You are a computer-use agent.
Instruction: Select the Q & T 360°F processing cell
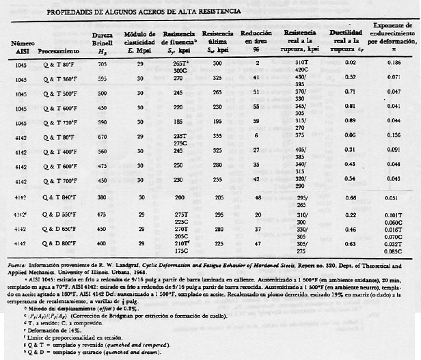[x=56, y=79]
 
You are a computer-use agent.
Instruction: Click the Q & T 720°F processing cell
[x=56, y=120]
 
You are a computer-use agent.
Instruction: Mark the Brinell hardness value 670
[x=101, y=137]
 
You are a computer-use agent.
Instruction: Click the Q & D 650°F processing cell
[x=56, y=230]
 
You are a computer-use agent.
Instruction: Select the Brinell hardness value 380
[x=101, y=197]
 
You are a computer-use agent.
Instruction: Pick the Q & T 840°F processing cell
[x=56, y=197]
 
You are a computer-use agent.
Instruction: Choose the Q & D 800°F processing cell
[x=56, y=244]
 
